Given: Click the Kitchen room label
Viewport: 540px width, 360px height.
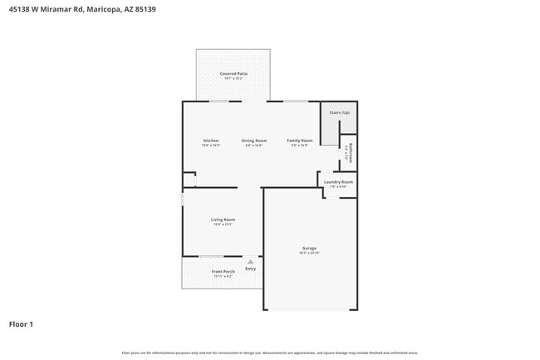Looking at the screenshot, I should pyautogui.click(x=211, y=141).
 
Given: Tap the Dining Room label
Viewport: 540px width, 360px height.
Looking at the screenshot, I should pyautogui.click(x=254, y=141).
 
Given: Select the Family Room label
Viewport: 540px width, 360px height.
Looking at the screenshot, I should pyautogui.click(x=299, y=141).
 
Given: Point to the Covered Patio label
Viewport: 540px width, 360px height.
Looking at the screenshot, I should pyautogui.click(x=233, y=74).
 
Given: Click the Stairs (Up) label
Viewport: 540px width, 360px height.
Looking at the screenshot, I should pyautogui.click(x=339, y=112).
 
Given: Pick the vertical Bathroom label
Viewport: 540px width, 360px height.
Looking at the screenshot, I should pyautogui.click(x=352, y=151).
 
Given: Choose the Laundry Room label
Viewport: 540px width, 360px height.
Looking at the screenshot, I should pyautogui.click(x=338, y=181).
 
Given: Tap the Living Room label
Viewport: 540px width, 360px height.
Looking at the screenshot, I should pyautogui.click(x=223, y=219).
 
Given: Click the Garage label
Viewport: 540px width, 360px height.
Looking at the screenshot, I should pyautogui.click(x=309, y=248).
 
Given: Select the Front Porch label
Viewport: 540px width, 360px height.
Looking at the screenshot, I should pyautogui.click(x=223, y=271).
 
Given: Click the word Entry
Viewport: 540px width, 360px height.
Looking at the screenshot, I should pyautogui.click(x=250, y=269).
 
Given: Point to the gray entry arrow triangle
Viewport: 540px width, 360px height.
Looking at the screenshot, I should pyautogui.click(x=250, y=261).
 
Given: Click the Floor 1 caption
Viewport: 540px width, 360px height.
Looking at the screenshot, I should pyautogui.click(x=21, y=324).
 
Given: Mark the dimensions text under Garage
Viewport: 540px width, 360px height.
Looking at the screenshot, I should pyautogui.click(x=309, y=253).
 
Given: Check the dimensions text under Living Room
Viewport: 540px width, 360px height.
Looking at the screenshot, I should pyautogui.click(x=223, y=224).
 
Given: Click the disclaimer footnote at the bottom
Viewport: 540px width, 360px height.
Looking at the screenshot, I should pyautogui.click(x=269, y=353).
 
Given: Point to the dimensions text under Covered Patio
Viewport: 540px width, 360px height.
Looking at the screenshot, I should pyautogui.click(x=233, y=79).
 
